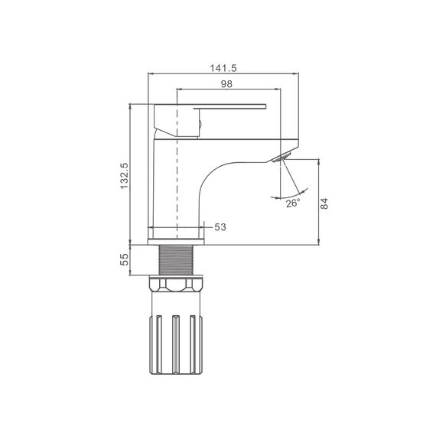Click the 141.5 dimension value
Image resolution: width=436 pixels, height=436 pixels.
(x=223, y=68)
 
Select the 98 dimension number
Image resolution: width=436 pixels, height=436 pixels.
(x=226, y=84)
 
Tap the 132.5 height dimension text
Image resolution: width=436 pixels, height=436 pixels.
(x=124, y=176)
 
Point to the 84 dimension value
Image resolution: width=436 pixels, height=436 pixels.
(x=324, y=203)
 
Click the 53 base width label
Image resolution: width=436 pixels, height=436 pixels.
(x=220, y=227)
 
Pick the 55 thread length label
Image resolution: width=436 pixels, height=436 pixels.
(x=124, y=259)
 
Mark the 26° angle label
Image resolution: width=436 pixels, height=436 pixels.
(x=293, y=203)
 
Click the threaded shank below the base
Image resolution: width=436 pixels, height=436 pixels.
(x=176, y=260)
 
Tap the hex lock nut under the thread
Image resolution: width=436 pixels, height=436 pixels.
(x=176, y=284)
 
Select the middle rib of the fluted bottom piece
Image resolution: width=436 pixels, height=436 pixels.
(x=175, y=344)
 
